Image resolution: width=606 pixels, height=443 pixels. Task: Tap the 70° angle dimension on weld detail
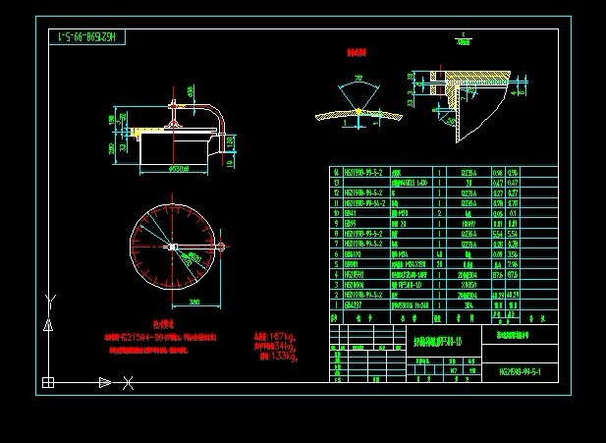click(x=358, y=78)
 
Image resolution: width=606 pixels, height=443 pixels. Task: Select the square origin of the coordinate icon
click(x=47, y=382)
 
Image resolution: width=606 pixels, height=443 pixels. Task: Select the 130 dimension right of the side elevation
click(x=230, y=144)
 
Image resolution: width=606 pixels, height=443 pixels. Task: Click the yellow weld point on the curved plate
click(x=359, y=111)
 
